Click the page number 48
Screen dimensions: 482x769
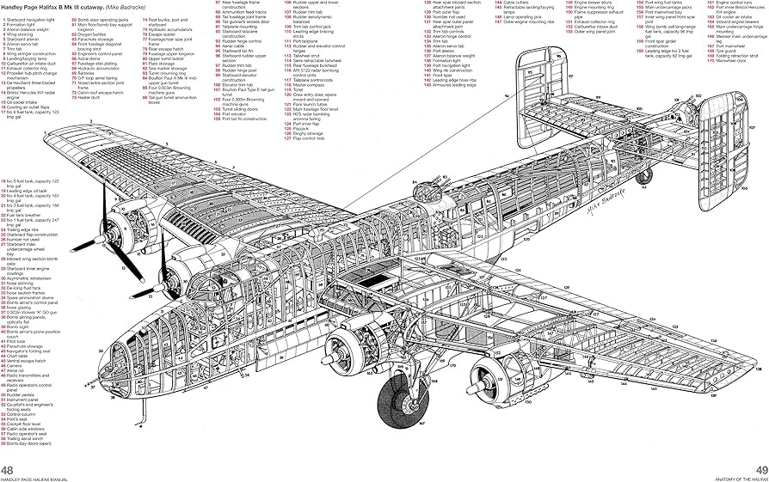pos(8,468)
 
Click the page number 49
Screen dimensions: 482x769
pos(760,468)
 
